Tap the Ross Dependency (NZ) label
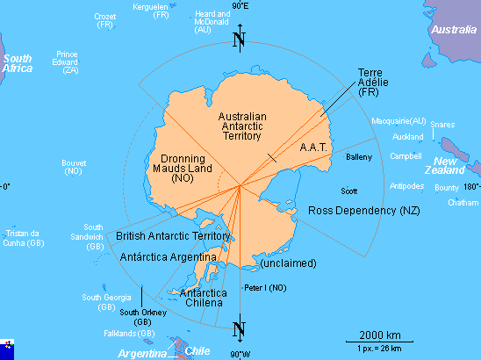point(364,211)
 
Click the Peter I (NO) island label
point(265,288)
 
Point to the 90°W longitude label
point(240,354)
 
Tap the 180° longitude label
point(471,186)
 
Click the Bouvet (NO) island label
point(74,167)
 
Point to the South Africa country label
point(18,63)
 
